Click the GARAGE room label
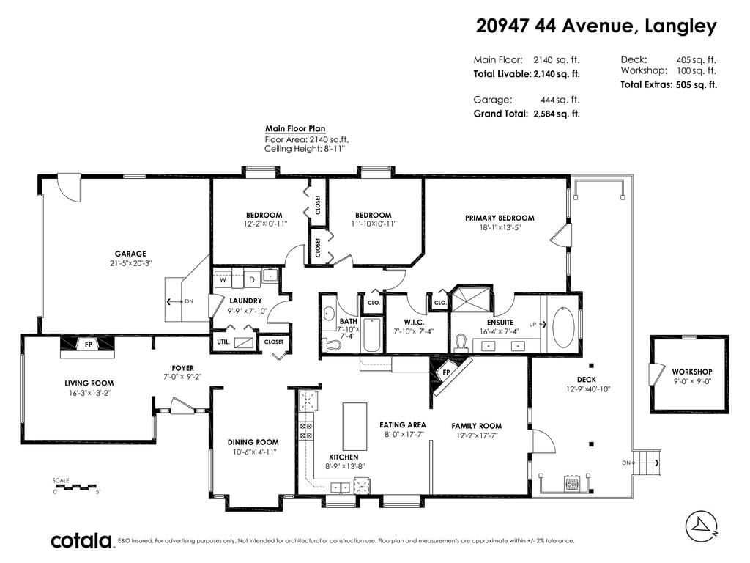[x=130, y=254]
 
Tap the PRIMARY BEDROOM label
[x=500, y=218]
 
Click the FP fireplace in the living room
[x=89, y=345]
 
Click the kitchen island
[x=354, y=426]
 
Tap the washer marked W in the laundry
[x=223, y=279]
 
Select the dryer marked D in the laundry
[x=252, y=279]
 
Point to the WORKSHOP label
[x=691, y=372]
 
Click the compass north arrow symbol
[x=702, y=526]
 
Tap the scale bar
[x=76, y=487]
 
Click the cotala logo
[x=81, y=540]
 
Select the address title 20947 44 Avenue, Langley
[x=596, y=26]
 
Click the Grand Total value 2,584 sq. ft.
[x=557, y=114]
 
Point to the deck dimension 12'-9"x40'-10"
[x=588, y=389]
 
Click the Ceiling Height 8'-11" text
[x=305, y=149]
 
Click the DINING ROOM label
[x=253, y=442]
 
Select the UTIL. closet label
[x=223, y=342]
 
